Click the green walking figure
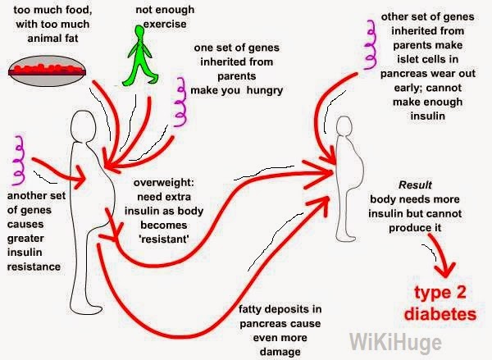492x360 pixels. pyautogui.click(x=140, y=57)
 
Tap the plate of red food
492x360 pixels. pyautogui.click(x=47, y=71)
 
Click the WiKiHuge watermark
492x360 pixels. pyautogui.click(x=395, y=343)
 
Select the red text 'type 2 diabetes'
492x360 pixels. pyautogui.click(x=440, y=303)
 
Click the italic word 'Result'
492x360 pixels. pyautogui.click(x=415, y=185)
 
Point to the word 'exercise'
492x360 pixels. pyautogui.click(x=165, y=24)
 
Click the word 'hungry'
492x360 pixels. pyautogui.click(x=265, y=91)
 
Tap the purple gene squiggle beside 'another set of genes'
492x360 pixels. pyautogui.click(x=18, y=160)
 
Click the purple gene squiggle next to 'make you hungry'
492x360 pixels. pyautogui.click(x=180, y=102)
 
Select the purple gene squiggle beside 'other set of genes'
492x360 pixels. pyautogui.click(x=371, y=44)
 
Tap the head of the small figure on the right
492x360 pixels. pyautogui.click(x=344, y=125)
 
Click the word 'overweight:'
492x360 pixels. pyautogui.click(x=164, y=183)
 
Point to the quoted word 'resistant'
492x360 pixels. pyautogui.click(x=164, y=239)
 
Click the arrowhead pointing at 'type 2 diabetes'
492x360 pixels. pyautogui.click(x=445, y=271)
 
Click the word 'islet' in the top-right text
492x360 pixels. pyautogui.click(x=407, y=59)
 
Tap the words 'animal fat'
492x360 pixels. pyautogui.click(x=52, y=39)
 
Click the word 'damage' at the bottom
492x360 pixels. pyautogui.click(x=280, y=352)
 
